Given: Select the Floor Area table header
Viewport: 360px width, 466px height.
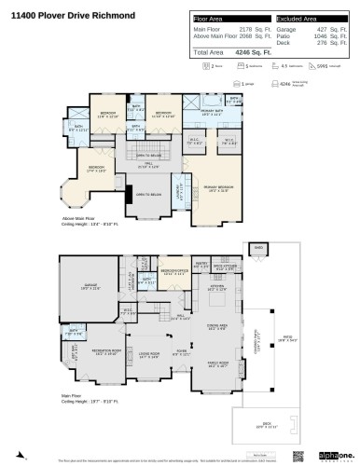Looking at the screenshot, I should click(211, 20).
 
